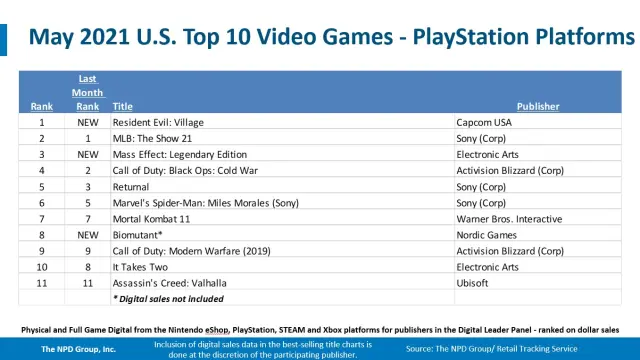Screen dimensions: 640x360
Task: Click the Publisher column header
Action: pyautogui.click(x=538, y=107)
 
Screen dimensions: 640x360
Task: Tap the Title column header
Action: pyautogui.click(x=122, y=107)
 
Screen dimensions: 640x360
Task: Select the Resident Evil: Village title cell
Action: pyautogui.click(x=158, y=122)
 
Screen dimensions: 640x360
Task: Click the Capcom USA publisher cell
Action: pyautogui.click(x=484, y=122)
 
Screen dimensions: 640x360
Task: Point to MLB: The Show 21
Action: pyautogui.click(x=152, y=138)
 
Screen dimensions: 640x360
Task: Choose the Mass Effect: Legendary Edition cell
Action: pyautogui.click(x=180, y=155)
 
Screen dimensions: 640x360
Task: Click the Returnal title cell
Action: pyautogui.click(x=131, y=187)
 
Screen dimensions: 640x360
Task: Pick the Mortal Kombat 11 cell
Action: pyautogui.click(x=151, y=219)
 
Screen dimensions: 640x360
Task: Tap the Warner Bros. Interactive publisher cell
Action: pyautogui.click(x=509, y=219)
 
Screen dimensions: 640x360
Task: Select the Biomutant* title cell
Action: pyautogui.click(x=138, y=235)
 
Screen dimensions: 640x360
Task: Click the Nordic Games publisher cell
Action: pyautogui.click(x=487, y=235)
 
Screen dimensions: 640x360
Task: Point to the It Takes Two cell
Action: pyautogui.click(x=140, y=267)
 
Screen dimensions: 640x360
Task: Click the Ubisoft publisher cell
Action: pyautogui.click(x=472, y=283)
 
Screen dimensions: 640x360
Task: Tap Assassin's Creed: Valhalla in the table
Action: pyautogui.click(x=169, y=283)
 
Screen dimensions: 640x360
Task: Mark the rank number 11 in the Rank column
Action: pyautogui.click(x=42, y=283)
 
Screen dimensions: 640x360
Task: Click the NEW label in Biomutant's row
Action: pyautogui.click(x=88, y=235)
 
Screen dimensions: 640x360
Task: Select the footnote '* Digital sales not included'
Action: pyautogui.click(x=168, y=299)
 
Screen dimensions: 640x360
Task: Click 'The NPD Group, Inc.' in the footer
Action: pyautogui.click(x=78, y=349)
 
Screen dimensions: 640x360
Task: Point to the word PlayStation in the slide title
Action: pyautogui.click(x=471, y=37)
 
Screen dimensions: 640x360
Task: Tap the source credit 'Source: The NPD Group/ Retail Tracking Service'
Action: pyautogui.click(x=491, y=349)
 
